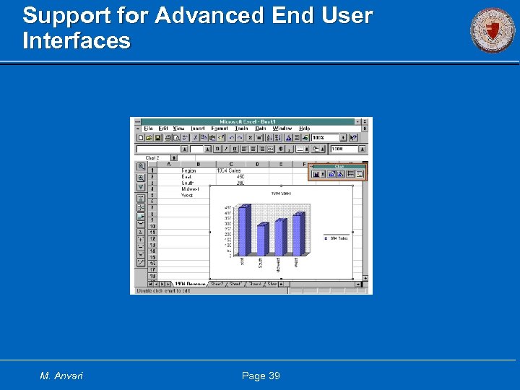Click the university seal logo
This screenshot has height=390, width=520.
493,31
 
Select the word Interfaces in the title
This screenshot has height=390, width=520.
77,40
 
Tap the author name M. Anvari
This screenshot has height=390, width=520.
61,376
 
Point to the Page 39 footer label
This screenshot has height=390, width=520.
260,376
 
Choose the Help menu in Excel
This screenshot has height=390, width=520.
304,129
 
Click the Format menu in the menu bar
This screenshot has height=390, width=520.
219,129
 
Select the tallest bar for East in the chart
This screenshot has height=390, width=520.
243,230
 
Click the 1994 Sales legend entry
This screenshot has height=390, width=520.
337,238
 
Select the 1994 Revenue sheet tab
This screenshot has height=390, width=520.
189,285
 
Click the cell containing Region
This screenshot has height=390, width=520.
188,171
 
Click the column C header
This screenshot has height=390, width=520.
230,164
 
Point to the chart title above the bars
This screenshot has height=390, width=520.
280,194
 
